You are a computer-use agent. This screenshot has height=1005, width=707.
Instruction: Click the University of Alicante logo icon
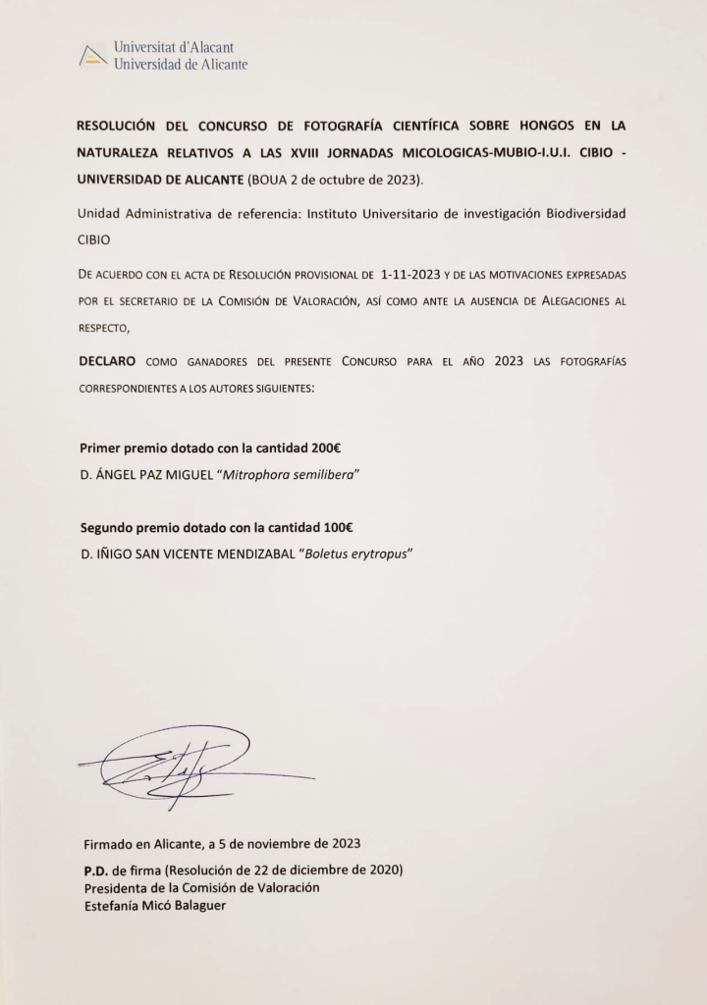(91, 57)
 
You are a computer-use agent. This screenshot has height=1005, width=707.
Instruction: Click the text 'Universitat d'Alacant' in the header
(174, 47)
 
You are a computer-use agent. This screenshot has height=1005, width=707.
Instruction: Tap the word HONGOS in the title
(528, 127)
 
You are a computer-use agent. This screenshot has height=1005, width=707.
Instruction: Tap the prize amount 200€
(326, 449)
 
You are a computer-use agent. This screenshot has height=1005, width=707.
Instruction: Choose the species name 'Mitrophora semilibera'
(294, 475)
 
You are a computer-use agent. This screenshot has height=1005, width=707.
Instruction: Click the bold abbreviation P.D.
(96, 871)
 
